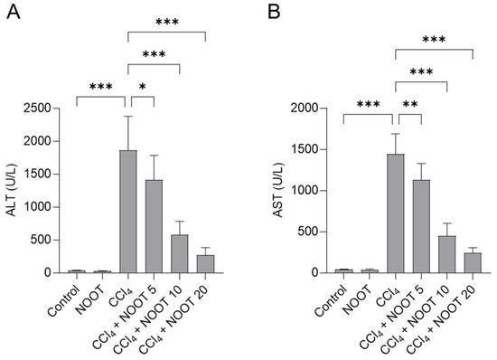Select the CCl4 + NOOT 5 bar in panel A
(155, 226)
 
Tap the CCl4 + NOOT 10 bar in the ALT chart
(181, 253)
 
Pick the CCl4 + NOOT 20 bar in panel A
(206, 263)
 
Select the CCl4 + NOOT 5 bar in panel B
(421, 226)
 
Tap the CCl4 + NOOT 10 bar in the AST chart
(447, 254)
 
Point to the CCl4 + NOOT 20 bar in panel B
(473, 262)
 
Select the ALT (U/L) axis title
(13, 191)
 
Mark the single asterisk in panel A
(142, 87)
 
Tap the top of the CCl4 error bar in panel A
(128, 116)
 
